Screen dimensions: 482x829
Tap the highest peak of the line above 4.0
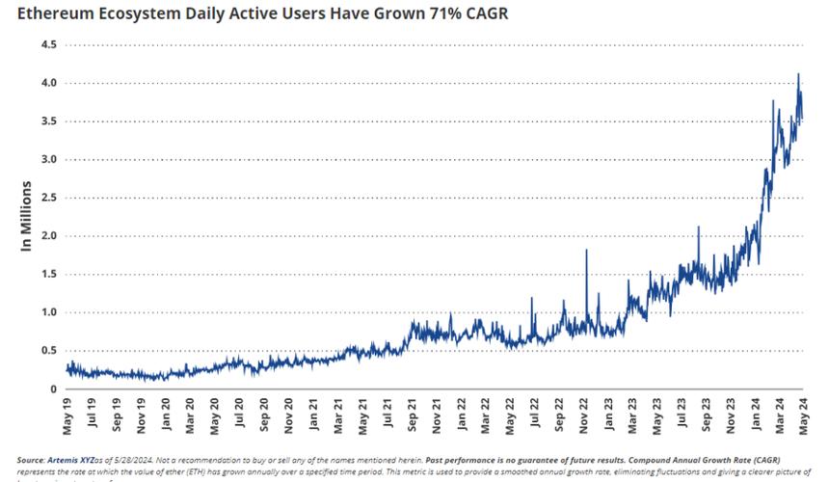(x=798, y=74)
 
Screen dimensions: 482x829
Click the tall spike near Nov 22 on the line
(x=587, y=251)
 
